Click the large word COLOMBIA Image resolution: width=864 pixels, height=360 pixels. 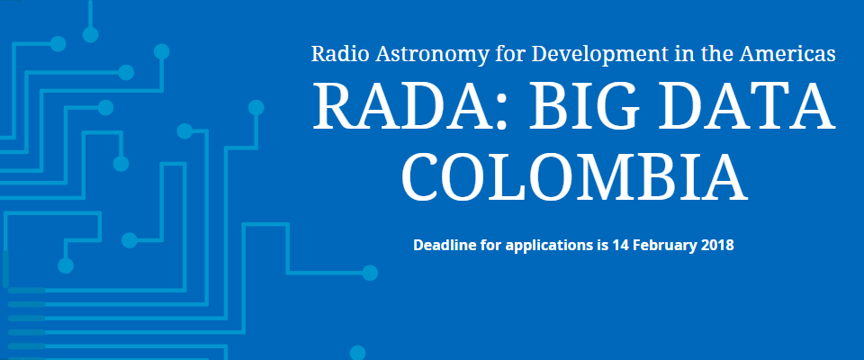point(573,177)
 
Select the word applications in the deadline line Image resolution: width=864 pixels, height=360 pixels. point(547,246)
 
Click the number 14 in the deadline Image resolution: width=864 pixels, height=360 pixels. point(620,245)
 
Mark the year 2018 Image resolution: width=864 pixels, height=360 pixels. point(715,245)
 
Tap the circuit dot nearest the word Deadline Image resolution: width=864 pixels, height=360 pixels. point(370,273)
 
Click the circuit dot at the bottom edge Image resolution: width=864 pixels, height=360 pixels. point(357,353)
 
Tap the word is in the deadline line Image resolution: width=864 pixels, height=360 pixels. point(600,245)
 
